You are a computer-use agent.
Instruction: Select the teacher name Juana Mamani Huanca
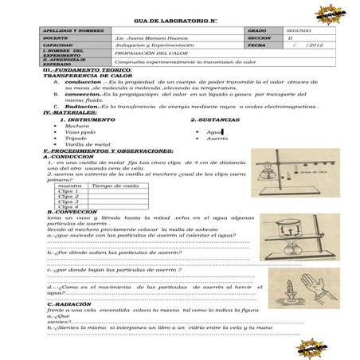[x=151, y=37]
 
